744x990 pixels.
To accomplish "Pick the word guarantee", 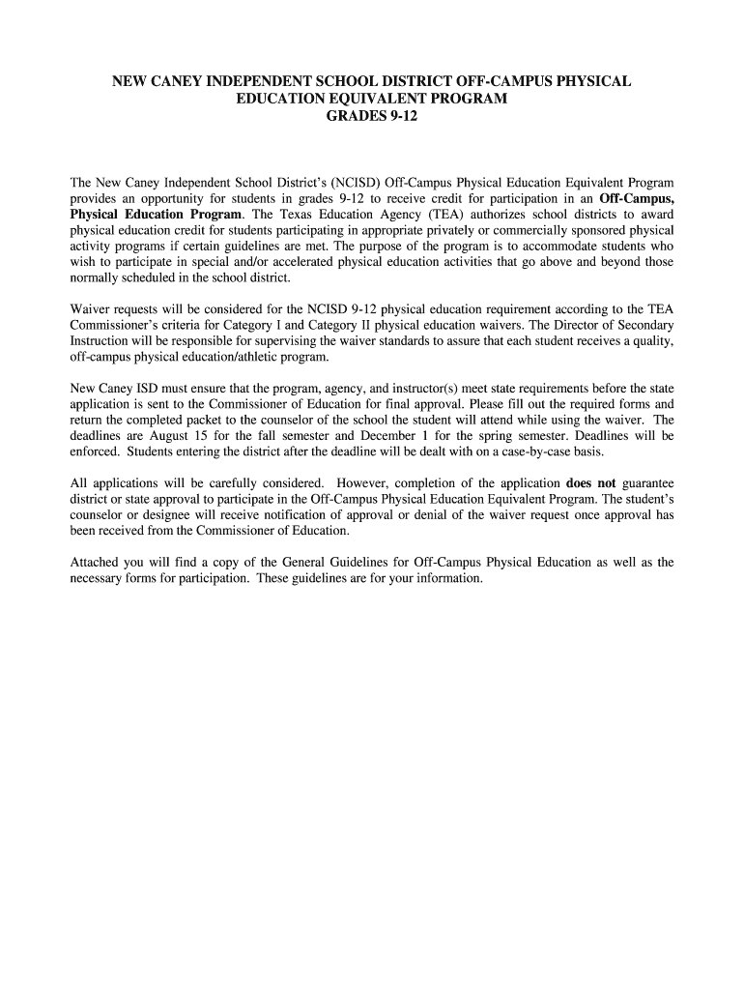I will click(x=648, y=482).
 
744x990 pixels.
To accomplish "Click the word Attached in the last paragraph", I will click(x=98, y=562).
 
